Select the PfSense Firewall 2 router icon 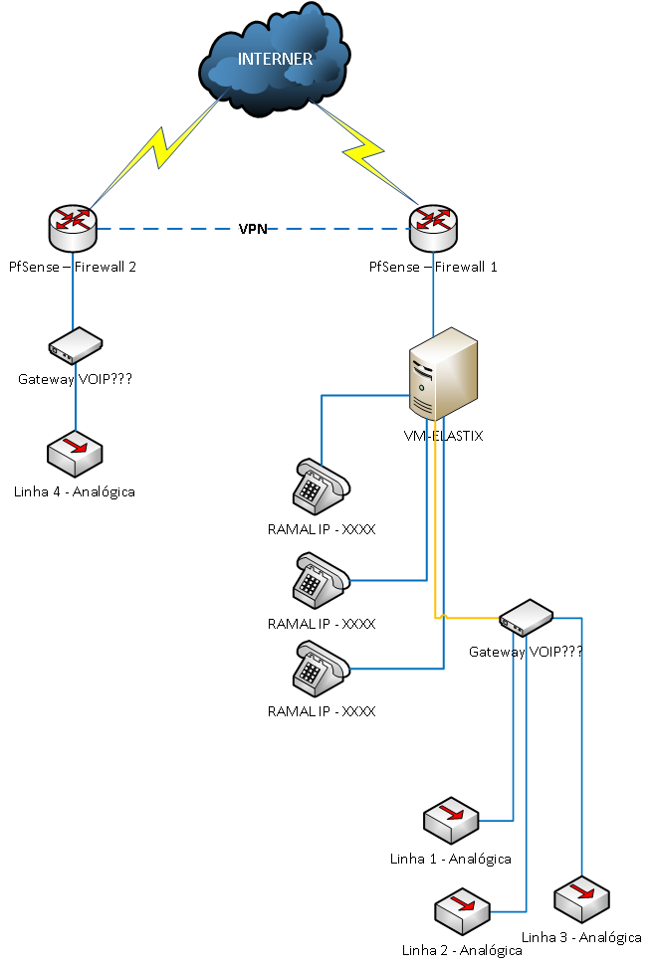point(73,228)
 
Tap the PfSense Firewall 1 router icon point(433,228)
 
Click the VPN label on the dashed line point(252,229)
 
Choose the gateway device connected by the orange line point(526,618)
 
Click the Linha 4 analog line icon point(76,455)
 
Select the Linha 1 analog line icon point(450,819)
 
